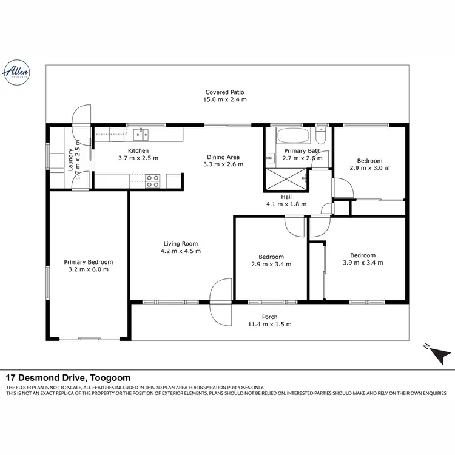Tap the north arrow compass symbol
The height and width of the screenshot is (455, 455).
(x=438, y=352)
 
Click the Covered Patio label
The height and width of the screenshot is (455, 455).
(x=224, y=92)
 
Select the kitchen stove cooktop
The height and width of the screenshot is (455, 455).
(x=152, y=180)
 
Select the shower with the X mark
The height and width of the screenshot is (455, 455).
(x=285, y=179)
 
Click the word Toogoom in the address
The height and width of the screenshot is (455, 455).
(x=110, y=377)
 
